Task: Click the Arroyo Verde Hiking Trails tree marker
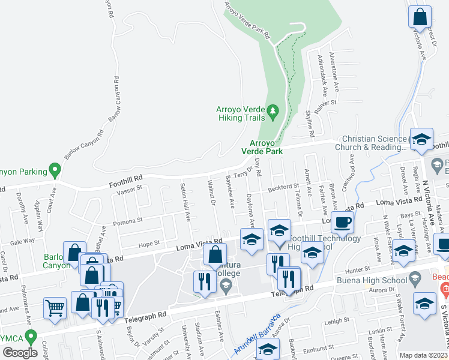pos(274,111)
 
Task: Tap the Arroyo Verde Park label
pos(267,147)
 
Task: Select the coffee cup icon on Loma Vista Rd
pos(342,223)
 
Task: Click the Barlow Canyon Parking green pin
pos(55,171)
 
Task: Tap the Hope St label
pos(149,244)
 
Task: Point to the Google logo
pos(17,352)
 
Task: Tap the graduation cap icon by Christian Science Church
pos(421,139)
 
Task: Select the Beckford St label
pos(283,188)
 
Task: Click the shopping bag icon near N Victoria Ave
pos(420,16)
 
